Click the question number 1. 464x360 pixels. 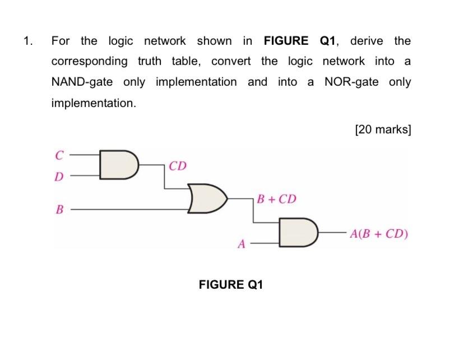27,41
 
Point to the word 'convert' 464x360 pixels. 231,61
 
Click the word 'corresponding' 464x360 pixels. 89,62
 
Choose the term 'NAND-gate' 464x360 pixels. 82,82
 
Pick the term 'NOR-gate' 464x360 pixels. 351,82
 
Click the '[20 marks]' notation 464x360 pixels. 383,130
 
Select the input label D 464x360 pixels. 58,177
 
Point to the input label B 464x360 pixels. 59,210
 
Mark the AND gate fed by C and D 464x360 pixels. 117,164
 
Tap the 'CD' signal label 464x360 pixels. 178,166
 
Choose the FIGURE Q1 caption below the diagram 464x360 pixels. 231,285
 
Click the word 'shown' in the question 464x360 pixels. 214,41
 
